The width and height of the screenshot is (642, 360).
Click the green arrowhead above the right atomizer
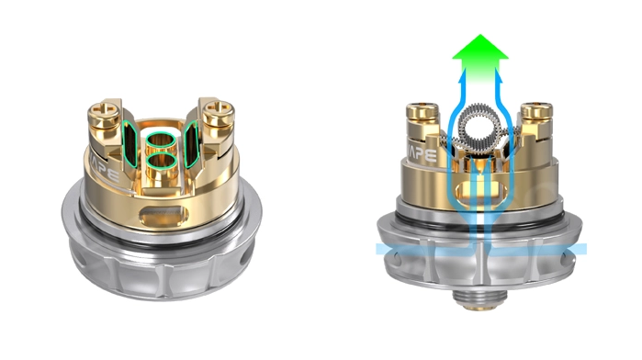[479, 47]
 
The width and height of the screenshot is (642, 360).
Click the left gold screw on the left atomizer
[104, 107]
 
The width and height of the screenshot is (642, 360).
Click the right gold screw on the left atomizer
[220, 114]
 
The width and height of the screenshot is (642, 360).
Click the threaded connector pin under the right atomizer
[479, 298]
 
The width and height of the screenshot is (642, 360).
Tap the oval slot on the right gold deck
[479, 197]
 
